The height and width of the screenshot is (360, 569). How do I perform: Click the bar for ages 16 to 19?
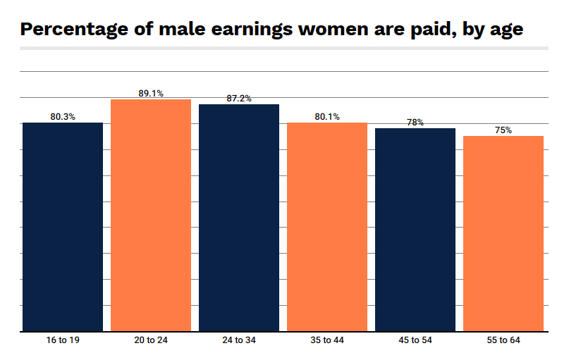pos(63,226)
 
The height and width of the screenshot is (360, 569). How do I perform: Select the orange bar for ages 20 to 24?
pos(151,215)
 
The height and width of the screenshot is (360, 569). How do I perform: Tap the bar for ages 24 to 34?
pos(239,217)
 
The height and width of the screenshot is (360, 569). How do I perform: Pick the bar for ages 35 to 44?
pos(327,226)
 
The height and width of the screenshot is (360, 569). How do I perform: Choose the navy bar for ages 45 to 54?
pos(415,229)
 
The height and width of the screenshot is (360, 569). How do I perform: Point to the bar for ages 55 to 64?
pos(503,233)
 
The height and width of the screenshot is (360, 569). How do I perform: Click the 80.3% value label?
pos(63,117)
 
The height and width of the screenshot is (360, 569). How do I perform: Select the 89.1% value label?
pos(151,93)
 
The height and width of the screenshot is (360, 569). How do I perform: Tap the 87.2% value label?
pos(239,99)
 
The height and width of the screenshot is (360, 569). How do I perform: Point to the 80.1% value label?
pos(327,117)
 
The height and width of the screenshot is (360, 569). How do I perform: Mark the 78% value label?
pos(415,123)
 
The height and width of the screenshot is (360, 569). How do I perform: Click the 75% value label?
pos(503,130)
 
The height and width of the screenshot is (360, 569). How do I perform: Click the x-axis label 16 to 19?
pos(63,341)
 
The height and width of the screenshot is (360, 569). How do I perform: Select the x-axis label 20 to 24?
pos(151,341)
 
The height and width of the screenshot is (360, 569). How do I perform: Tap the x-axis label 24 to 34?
pos(239,341)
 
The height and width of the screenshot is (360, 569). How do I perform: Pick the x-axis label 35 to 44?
pos(327,341)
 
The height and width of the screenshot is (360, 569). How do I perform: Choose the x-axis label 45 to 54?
pos(415,341)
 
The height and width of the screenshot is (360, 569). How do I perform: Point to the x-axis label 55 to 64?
pos(503,341)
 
